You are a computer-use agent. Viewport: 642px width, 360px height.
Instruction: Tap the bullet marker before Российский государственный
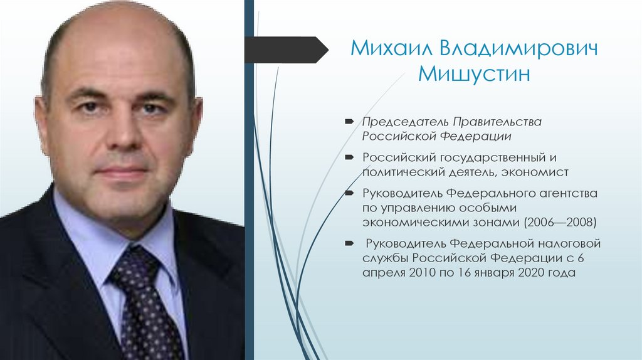coord(348,157)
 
